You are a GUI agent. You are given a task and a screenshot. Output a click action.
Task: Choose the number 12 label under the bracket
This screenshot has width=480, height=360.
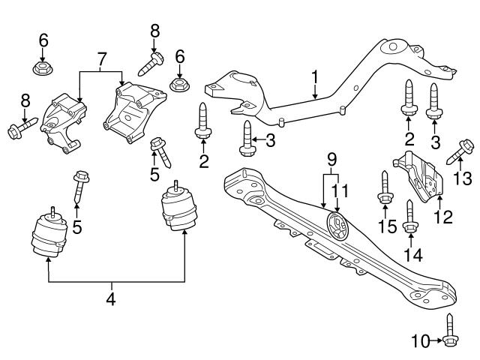coord(444,218)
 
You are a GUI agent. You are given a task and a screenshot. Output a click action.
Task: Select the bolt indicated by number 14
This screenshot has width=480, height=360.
coord(410,214)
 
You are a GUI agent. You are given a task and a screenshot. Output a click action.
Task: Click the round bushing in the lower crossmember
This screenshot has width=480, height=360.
coord(337,225)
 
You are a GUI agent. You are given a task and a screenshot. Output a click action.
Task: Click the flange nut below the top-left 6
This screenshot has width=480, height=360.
coord(43,70)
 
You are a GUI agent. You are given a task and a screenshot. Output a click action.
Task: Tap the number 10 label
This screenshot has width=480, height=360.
coord(421,343)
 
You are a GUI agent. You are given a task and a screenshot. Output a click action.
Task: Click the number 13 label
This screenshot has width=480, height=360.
coord(463,178)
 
